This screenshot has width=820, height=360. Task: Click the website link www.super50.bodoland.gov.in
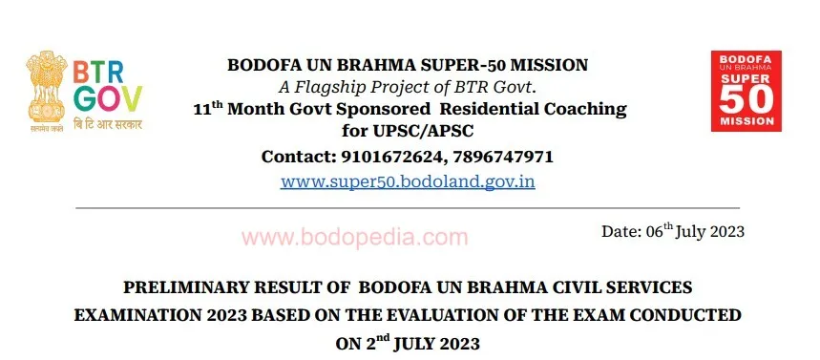408,180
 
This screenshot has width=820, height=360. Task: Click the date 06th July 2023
672,231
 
